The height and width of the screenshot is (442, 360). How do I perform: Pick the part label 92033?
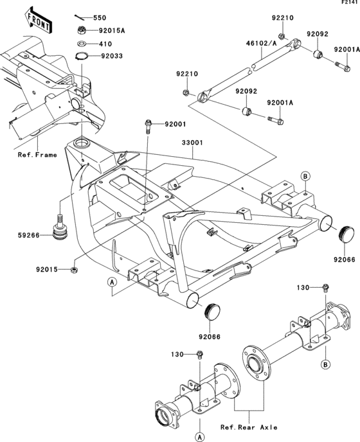[x=110, y=56]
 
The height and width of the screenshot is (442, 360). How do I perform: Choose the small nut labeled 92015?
[x=75, y=269]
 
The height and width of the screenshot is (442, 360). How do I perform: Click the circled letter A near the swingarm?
[x=111, y=281]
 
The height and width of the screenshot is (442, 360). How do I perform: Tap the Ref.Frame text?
[x=37, y=155]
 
